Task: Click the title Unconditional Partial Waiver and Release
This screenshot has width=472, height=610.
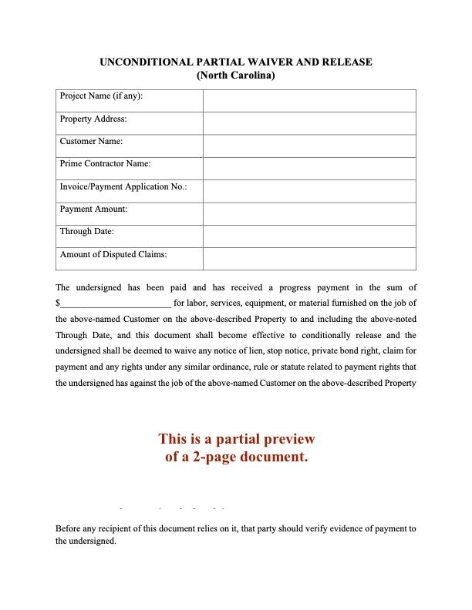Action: [236, 62]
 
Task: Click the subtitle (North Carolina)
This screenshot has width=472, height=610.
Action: [236, 75]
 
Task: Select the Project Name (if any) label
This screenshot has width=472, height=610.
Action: [101, 96]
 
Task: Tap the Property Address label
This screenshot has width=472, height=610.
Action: [93, 119]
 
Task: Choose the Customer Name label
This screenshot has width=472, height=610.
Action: [91, 141]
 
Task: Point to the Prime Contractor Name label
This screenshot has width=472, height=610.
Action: [105, 164]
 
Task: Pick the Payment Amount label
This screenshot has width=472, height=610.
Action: [93, 209]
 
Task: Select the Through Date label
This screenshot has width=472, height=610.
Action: [87, 231]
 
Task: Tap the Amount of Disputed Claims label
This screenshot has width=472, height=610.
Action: [113, 254]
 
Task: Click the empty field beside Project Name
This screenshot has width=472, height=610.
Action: [309, 101]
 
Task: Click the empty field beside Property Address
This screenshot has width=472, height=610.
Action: [309, 123]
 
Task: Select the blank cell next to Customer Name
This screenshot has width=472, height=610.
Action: [309, 146]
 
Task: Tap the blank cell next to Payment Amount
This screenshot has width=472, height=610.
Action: [309, 213]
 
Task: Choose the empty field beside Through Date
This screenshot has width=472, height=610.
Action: [309, 236]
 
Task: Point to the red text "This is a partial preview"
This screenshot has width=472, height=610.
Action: [236, 439]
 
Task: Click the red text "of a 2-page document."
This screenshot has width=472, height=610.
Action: [236, 457]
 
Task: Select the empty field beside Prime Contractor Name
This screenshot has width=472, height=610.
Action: [309, 169]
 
